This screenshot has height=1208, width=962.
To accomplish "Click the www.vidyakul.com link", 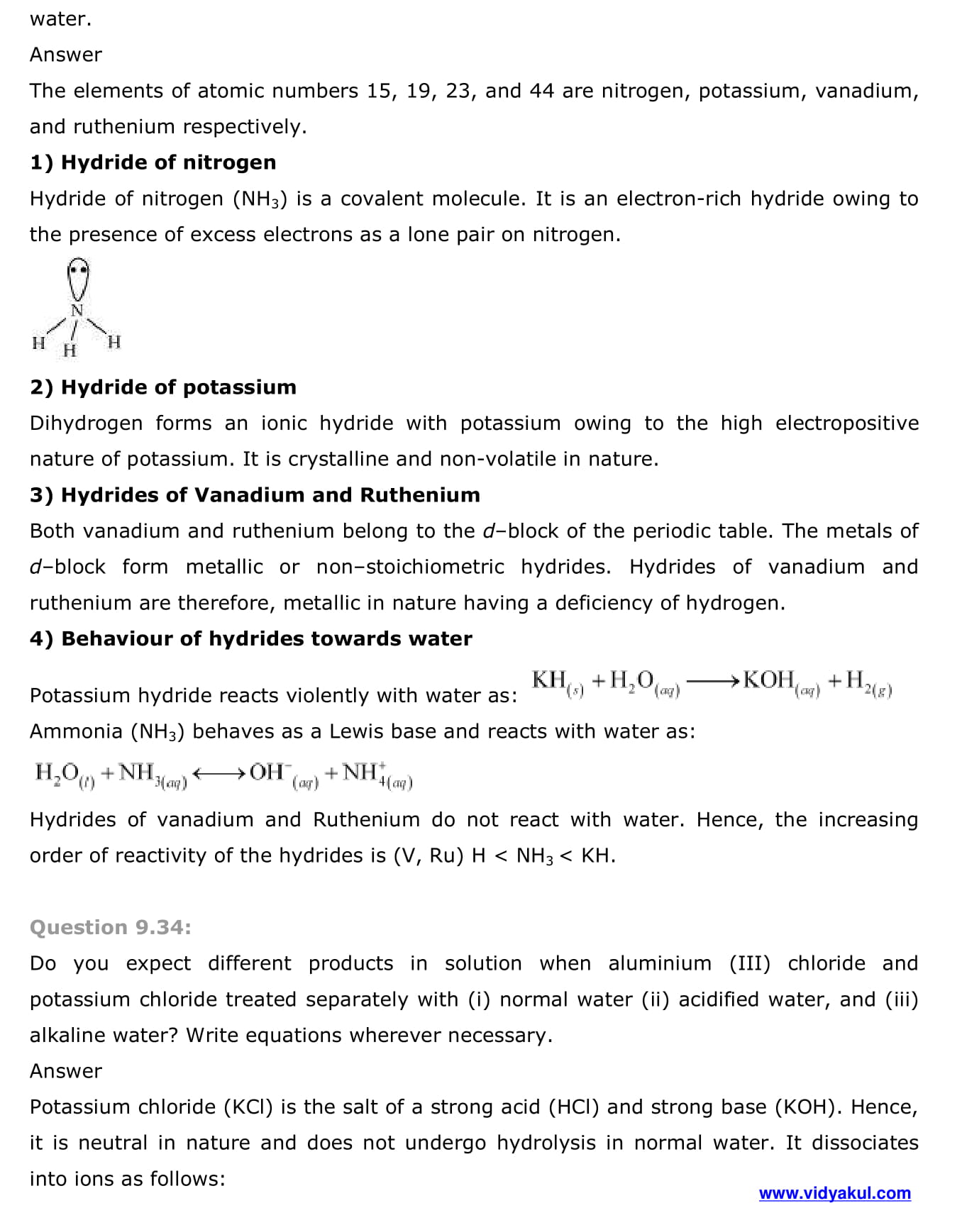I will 834,1193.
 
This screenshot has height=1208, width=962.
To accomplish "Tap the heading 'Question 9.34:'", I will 111,927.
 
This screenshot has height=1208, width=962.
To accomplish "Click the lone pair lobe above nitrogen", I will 78,277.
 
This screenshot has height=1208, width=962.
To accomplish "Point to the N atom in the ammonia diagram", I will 77,310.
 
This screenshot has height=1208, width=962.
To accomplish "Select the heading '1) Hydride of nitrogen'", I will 153,162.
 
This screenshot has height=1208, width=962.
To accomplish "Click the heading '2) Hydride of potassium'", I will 163,387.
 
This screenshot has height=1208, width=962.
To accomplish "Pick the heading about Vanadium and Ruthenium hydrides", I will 255,494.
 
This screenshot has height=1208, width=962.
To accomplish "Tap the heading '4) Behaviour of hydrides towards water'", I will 250,638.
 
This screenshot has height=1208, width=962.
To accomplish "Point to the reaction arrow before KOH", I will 713,682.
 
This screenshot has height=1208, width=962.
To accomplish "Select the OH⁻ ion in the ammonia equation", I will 268,772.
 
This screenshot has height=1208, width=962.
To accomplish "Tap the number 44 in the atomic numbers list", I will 542,91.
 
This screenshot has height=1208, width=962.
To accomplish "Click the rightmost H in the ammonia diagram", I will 114,342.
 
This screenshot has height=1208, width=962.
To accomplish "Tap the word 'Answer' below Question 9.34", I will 66,1071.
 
